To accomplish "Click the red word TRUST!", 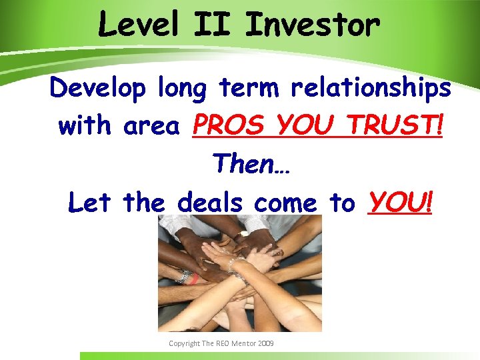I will (403, 125).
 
